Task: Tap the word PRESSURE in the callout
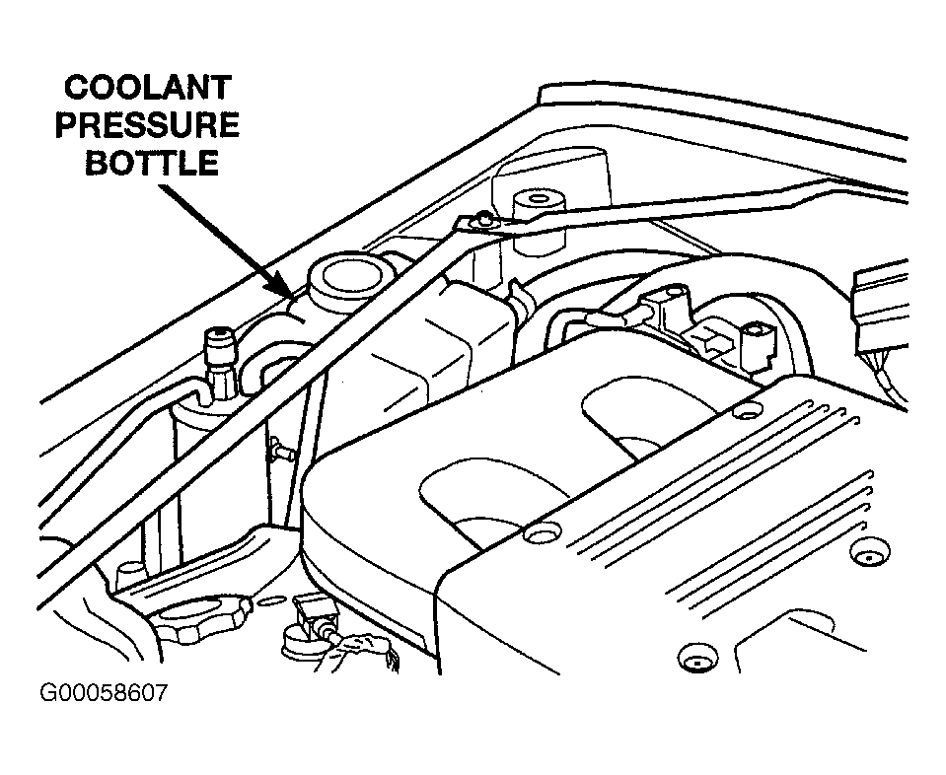click(x=147, y=126)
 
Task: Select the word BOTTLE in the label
click(x=151, y=162)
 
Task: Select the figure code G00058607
click(x=104, y=692)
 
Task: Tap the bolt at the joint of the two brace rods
click(x=482, y=220)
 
